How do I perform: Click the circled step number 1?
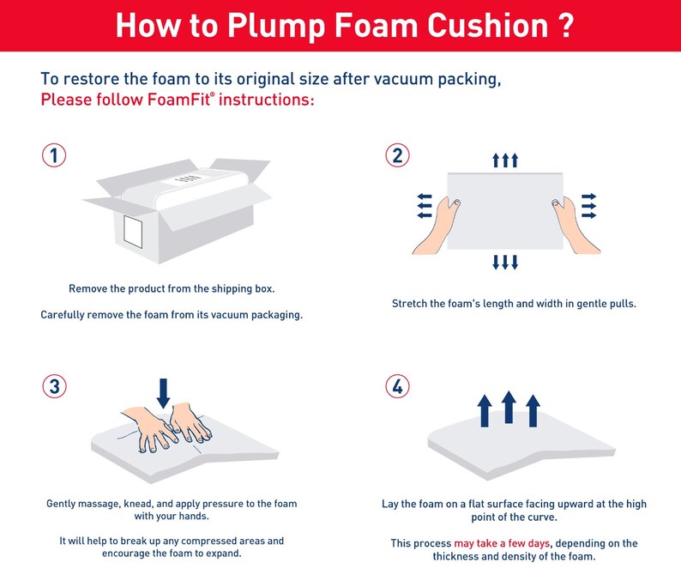tap(54, 156)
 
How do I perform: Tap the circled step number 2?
tap(396, 156)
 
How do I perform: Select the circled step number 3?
tap(54, 386)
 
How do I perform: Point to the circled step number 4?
tap(396, 386)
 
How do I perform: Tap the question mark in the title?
tap(563, 26)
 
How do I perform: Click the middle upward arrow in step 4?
tap(509, 407)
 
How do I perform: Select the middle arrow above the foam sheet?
tap(505, 160)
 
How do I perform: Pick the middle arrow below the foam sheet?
tap(505, 262)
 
